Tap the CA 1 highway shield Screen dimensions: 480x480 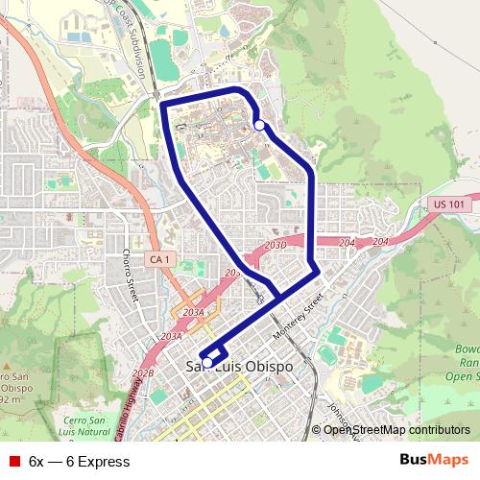(158, 259)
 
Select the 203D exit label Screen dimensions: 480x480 (276, 246)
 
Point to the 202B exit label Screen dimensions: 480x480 (143, 373)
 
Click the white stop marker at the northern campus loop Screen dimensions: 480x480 (259, 125)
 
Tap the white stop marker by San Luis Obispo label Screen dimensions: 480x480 (207, 363)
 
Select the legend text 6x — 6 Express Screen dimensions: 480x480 (80, 462)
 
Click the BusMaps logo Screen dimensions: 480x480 (433, 461)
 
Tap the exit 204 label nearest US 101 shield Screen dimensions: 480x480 (380, 241)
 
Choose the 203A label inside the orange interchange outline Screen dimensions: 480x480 (193, 313)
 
